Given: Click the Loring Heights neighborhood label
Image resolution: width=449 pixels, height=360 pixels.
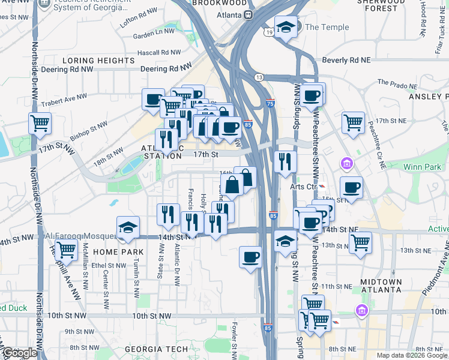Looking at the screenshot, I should (x=98, y=61).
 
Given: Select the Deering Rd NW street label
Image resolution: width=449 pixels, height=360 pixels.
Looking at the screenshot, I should (x=166, y=69).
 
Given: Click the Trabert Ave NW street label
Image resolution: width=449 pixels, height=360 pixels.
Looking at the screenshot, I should (x=64, y=99).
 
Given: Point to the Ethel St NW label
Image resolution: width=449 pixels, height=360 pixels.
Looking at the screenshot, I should (x=107, y=265).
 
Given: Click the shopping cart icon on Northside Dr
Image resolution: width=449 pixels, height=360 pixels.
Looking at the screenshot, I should (x=40, y=124).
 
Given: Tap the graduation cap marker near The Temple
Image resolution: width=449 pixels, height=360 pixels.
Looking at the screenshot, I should (x=286, y=27).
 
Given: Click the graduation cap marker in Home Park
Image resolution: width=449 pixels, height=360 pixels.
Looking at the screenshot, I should (x=128, y=228).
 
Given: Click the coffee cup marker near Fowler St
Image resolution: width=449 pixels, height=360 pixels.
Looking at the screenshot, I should (x=251, y=257).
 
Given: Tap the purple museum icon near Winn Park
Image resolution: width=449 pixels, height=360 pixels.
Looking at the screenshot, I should (x=346, y=163).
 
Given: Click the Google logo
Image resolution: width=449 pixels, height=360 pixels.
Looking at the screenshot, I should (x=20, y=353).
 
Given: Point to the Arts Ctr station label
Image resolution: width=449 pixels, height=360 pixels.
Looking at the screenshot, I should (x=303, y=186).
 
